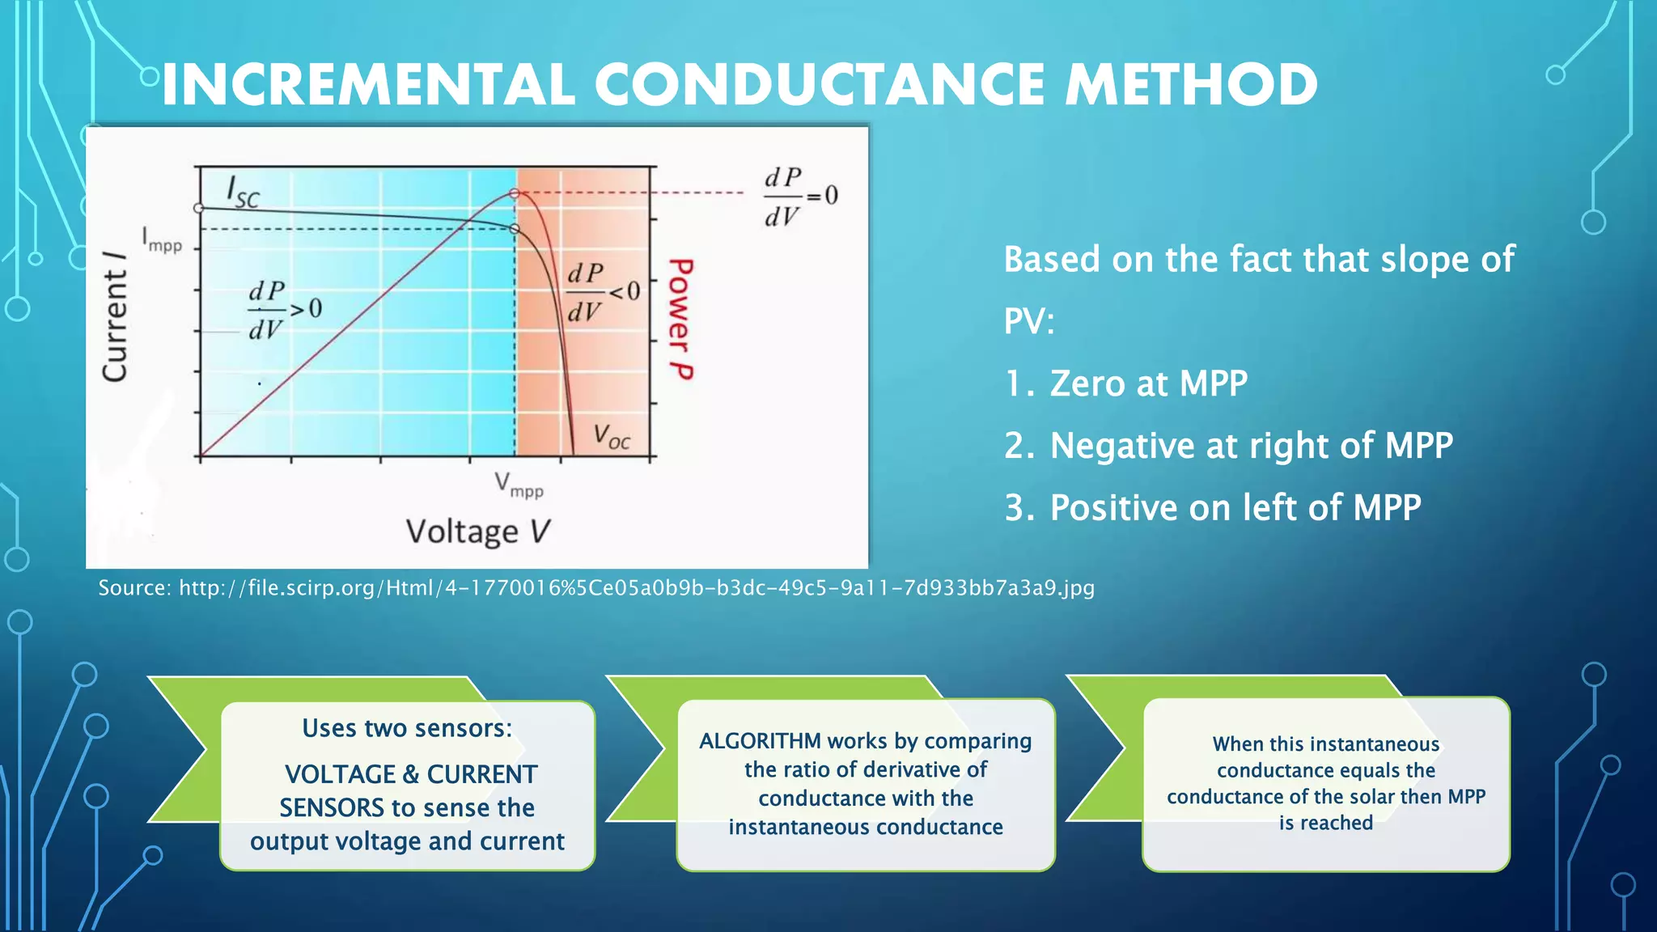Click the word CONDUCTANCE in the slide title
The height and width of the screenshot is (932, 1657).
pos(820,86)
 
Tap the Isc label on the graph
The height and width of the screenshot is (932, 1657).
pos(243,192)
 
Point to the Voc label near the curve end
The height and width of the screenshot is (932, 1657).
pos(611,437)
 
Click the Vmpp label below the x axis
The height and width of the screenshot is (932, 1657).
pos(519,485)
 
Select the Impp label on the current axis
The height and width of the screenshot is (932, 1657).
pos(162,240)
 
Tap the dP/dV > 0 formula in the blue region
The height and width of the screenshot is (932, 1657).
pos(284,310)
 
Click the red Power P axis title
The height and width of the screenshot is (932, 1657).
pos(680,319)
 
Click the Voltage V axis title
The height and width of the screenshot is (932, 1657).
pos(477,532)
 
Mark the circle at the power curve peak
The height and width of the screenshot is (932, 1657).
pos(515,193)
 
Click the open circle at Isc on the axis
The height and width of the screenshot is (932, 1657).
pos(199,208)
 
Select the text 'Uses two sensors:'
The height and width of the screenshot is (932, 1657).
pos(407,728)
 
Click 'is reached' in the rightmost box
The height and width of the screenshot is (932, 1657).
pos(1325,823)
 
